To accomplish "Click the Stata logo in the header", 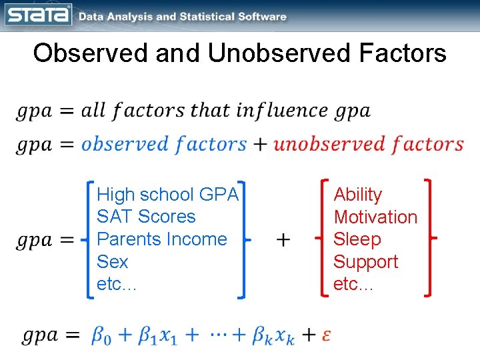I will pyautogui.click(x=38, y=15).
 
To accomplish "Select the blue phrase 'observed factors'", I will pyautogui.click(x=164, y=144).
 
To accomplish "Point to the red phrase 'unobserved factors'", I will pyautogui.click(x=369, y=144).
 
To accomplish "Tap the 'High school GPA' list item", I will pyautogui.click(x=167, y=195).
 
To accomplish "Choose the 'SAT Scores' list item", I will pyautogui.click(x=146, y=217).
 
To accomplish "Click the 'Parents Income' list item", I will pyautogui.click(x=162, y=239).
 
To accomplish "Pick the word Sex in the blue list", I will pyautogui.click(x=112, y=262).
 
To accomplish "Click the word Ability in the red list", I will pyautogui.click(x=358, y=195).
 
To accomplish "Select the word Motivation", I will pyautogui.click(x=375, y=217).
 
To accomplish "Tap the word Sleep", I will pyautogui.click(x=357, y=239).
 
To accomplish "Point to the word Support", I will pyautogui.click(x=366, y=262).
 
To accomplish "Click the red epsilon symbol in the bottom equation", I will pyautogui.click(x=326, y=335).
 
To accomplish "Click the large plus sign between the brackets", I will pyautogui.click(x=283, y=239).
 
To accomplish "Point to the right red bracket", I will pyautogui.click(x=429, y=237).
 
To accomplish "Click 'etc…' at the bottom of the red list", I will pyautogui.click(x=353, y=285).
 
